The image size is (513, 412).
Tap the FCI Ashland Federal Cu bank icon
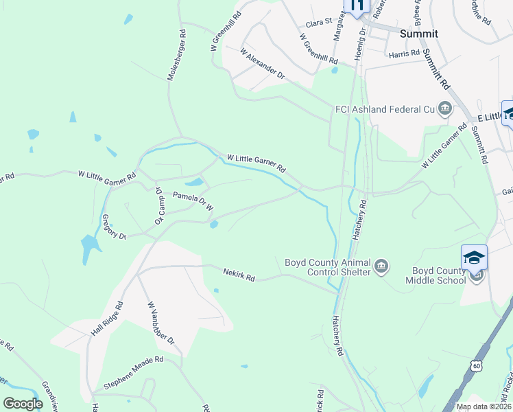pos(445,108)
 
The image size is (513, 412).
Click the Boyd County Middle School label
pos(435,275)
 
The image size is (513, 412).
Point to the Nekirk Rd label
pos(239,275)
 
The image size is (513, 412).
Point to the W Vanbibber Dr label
pos(161,323)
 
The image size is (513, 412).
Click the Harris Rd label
pos(403,54)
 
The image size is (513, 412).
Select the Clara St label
pos(318,23)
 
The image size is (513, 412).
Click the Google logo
pos(23,404)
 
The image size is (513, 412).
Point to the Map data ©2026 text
pos(483,407)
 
